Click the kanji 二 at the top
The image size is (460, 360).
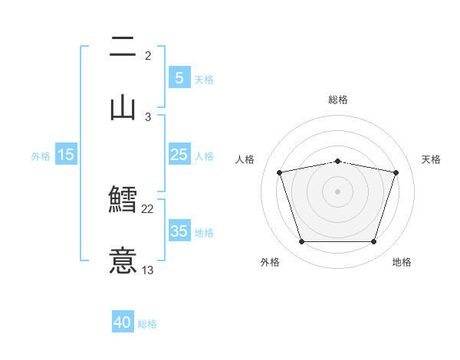123,48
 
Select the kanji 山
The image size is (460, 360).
123,106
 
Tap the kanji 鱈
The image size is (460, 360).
123,200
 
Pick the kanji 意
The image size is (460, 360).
123,259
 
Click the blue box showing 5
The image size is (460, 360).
179,77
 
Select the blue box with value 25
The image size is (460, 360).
179,155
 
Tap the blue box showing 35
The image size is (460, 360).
179,231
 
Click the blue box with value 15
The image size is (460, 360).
66,155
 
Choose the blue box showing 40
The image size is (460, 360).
123,322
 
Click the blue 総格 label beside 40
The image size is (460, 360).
147,324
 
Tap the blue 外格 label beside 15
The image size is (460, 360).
41,156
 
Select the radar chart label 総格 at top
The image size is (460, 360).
338,100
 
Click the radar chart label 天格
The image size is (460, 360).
432,159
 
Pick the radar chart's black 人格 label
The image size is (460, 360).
245,159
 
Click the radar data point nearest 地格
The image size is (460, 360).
373,242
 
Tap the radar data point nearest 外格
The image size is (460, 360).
301,242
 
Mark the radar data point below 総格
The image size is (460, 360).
337,161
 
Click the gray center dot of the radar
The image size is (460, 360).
337,191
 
